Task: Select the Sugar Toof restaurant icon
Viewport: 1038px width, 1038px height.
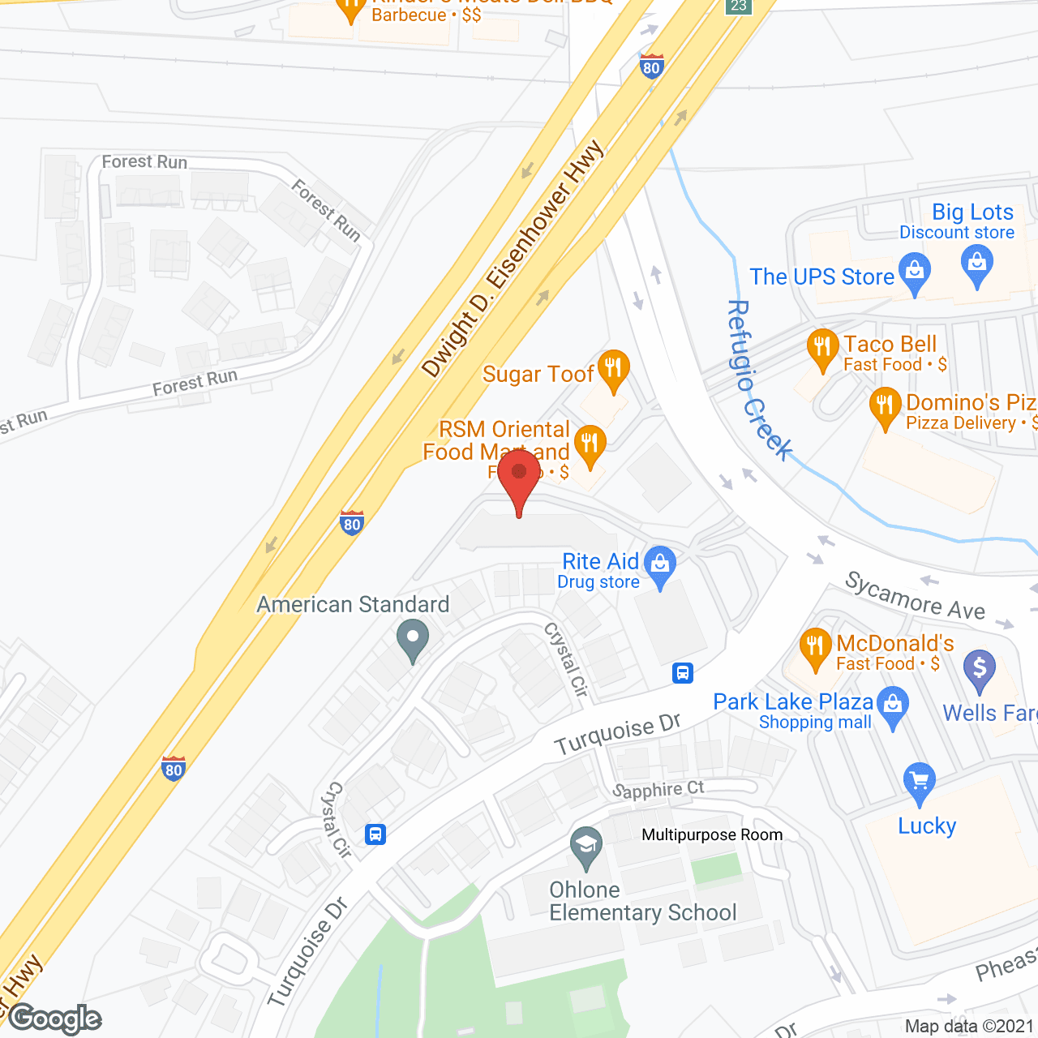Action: pos(613,369)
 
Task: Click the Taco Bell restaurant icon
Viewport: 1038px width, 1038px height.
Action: pos(823,349)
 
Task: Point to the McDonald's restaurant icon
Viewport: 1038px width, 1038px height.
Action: pos(815,649)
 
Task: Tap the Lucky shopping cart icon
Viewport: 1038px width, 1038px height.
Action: pos(919,783)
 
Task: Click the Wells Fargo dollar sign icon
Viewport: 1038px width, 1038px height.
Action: pos(980,670)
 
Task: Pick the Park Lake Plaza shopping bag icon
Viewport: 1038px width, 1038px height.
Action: pos(893,706)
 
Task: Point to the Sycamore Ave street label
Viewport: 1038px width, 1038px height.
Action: pos(915,595)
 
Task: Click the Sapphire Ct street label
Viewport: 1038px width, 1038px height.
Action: pos(658,790)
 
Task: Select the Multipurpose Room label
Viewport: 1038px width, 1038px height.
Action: pos(712,834)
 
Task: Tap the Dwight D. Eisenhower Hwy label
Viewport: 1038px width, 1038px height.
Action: pos(513,259)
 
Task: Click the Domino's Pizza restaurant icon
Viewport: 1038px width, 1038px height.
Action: pos(885,407)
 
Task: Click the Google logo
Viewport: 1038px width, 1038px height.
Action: pos(55,1019)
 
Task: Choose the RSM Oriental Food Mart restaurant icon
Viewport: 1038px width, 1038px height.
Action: pos(590,445)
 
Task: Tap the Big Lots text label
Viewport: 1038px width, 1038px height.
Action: pos(972,212)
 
